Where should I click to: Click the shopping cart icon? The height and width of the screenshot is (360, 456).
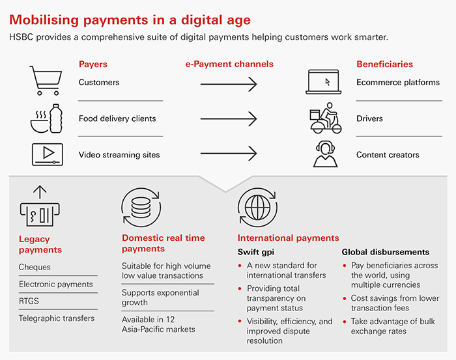tap(46, 81)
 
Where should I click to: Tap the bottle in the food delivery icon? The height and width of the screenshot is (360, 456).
tap(56, 118)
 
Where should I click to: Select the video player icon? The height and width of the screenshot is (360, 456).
tap(48, 154)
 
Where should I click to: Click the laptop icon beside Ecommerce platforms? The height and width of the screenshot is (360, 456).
tap(323, 82)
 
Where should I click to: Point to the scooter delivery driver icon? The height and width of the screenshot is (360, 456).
tap(326, 118)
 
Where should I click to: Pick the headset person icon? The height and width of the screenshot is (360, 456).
tap(326, 154)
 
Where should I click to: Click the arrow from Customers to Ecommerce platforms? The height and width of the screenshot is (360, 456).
tap(229, 84)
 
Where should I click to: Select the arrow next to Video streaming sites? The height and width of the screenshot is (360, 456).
tap(229, 154)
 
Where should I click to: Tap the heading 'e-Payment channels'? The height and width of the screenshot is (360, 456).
tap(229, 64)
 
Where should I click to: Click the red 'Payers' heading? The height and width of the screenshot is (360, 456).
tap(93, 64)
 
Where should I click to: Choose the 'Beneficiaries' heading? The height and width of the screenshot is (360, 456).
tap(385, 64)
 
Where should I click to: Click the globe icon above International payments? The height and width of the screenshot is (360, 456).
tap(258, 208)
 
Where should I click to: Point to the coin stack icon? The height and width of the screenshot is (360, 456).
tap(141, 208)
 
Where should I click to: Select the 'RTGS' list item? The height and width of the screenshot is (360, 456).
tap(29, 301)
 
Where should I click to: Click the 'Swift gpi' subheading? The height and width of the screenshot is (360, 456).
tap(256, 252)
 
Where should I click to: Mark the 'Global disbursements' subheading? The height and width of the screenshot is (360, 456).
tap(386, 252)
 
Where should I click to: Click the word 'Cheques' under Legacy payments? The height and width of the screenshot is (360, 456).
tap(35, 267)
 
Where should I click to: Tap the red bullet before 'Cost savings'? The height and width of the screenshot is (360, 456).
tap(345, 298)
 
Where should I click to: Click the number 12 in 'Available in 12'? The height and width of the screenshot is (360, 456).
tap(171, 320)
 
